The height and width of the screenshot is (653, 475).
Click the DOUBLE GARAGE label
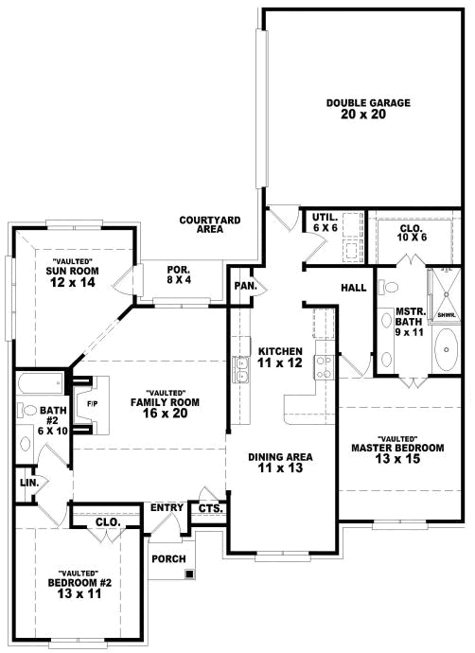click(355, 109)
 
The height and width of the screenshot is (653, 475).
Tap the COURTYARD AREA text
click(210, 224)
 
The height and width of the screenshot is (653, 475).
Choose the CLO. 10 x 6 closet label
click(411, 232)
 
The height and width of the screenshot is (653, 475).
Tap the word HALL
click(354, 288)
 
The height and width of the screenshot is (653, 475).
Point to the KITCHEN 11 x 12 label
click(279, 357)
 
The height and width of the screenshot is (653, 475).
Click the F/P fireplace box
click(92, 405)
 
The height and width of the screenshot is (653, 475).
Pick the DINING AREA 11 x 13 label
click(280, 463)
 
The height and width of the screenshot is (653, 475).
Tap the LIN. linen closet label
click(28, 484)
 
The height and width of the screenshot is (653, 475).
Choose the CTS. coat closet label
click(209, 509)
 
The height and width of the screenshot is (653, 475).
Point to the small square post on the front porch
click(190, 574)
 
